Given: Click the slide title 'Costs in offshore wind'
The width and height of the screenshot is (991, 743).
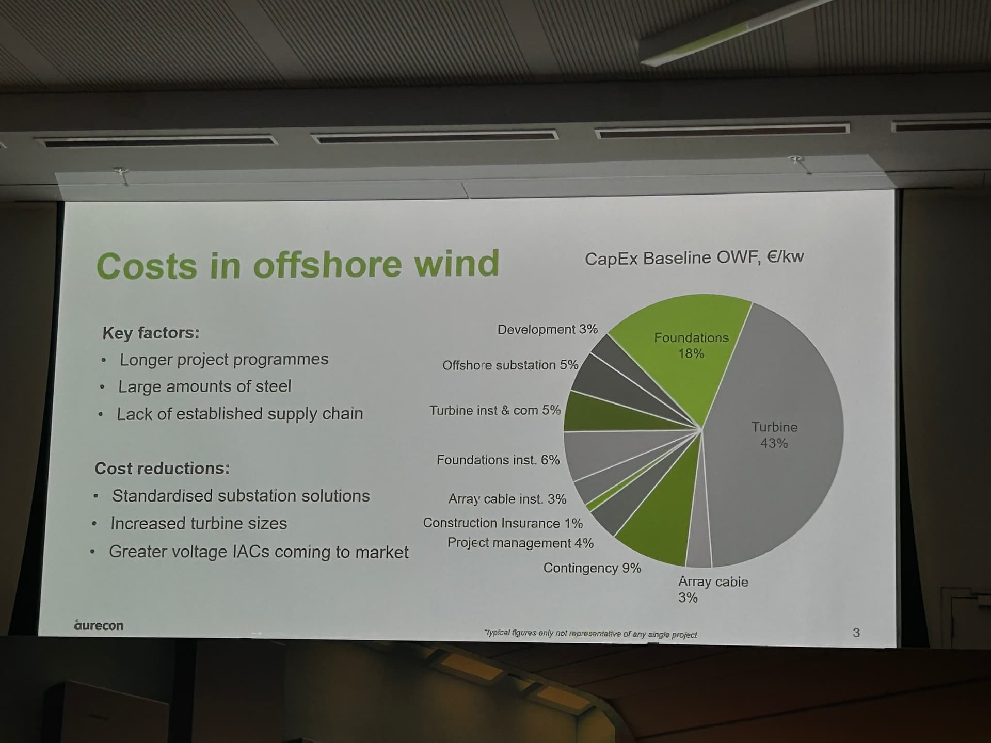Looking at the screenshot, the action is tap(298, 265).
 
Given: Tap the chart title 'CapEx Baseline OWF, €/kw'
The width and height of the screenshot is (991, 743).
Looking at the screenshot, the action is tap(694, 257).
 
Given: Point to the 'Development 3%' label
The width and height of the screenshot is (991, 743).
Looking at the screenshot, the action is tap(547, 329).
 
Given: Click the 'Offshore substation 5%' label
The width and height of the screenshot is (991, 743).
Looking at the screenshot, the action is tap(510, 365).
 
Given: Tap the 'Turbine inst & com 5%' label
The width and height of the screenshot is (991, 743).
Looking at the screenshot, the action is tap(495, 411).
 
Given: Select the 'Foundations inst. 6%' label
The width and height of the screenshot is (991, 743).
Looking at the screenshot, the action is tap(498, 460).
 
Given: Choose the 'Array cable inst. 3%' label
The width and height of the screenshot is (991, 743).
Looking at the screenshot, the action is tap(507, 499).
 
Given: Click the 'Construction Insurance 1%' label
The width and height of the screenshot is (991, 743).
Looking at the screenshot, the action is tap(503, 523).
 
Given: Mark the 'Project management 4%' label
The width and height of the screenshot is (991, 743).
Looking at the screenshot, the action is tap(520, 543).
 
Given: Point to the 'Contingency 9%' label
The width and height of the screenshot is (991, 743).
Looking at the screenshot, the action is tap(592, 568).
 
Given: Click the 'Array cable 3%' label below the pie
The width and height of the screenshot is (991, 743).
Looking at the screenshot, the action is tap(713, 589).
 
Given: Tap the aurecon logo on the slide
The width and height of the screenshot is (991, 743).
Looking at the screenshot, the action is tap(99, 625).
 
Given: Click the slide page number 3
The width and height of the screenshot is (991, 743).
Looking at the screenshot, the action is tap(856, 633).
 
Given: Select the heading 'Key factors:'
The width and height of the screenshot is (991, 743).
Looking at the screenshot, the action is tap(151, 333).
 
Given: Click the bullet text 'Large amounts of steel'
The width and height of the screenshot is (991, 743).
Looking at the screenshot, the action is tap(205, 386).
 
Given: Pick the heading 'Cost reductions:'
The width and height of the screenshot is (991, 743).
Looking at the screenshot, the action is tap(162, 468).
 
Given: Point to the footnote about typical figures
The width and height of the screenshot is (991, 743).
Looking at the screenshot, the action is tap(590, 634).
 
